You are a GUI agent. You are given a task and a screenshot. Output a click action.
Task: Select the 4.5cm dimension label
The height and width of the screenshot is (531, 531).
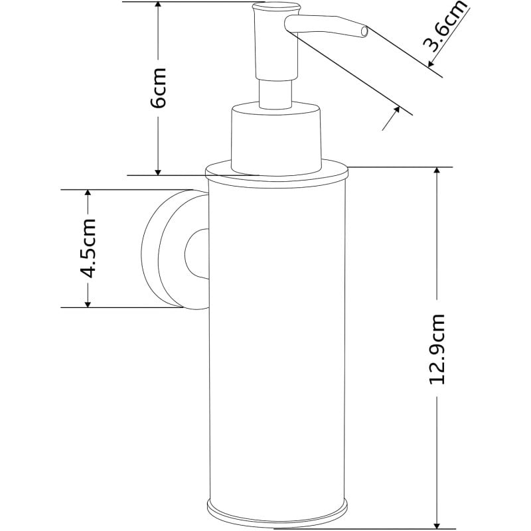tap(87, 248)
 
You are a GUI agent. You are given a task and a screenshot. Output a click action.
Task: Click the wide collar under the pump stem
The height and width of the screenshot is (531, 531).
tap(275, 136)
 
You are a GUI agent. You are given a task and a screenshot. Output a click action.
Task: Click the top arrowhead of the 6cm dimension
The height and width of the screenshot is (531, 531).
tap(158, 7)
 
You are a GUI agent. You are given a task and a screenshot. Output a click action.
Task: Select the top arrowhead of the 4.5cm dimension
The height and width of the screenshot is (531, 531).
tap(87, 194)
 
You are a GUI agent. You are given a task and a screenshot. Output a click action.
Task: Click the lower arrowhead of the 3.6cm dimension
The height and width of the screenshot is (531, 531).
tap(395, 112)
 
